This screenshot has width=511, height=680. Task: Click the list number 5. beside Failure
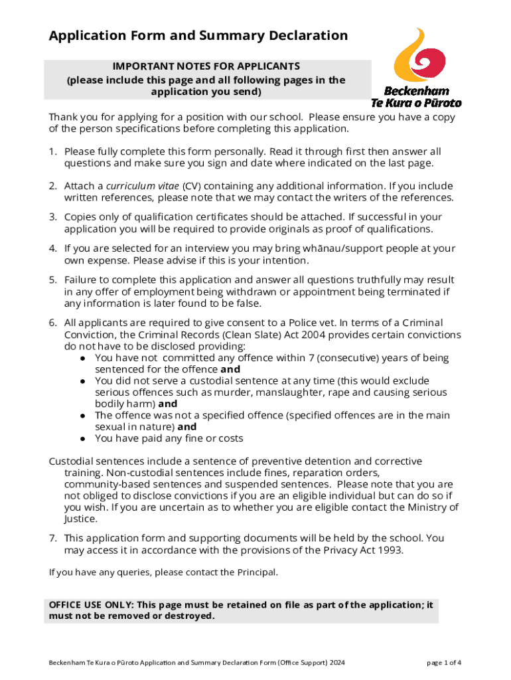[x=53, y=280]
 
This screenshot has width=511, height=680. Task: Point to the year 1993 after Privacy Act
[x=389, y=551]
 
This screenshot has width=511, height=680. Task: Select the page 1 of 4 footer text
[x=444, y=663]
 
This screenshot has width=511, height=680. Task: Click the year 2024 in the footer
[x=334, y=663]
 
